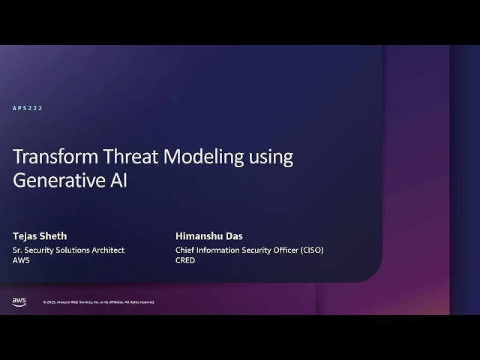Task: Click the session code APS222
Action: coord(28,109)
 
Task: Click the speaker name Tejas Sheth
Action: coord(40,235)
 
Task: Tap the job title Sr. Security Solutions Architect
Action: coord(68,250)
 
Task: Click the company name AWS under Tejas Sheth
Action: coord(22,261)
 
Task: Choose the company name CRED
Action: coord(185,261)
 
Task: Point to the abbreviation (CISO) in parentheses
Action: coord(310,250)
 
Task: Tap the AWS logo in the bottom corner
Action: coord(19,301)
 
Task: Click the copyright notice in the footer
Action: coord(98,302)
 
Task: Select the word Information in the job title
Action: coord(220,250)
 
